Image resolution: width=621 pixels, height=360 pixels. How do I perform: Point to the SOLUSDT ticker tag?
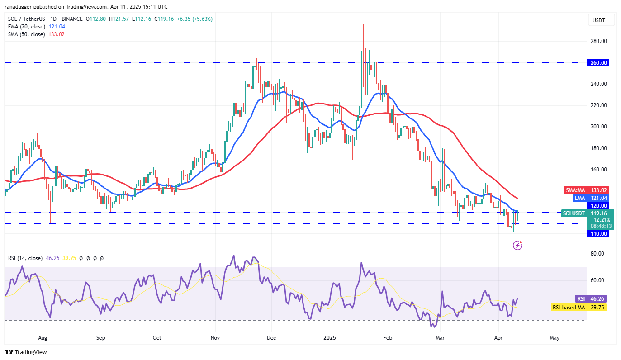coord(574,213)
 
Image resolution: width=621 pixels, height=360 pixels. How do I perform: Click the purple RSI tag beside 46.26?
coord(581,298)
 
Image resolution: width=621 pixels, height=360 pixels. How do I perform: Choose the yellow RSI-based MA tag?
coord(569,308)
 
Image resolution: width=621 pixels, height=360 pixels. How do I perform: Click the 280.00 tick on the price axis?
coord(599,41)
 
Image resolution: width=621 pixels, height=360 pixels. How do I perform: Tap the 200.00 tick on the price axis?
coord(599,127)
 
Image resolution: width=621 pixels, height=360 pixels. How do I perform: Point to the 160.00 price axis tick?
coord(599,170)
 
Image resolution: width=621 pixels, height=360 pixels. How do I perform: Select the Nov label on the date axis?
coord(215,337)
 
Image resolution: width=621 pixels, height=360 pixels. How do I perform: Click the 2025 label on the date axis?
coord(329,337)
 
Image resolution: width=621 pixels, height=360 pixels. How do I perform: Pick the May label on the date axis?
coord(555,337)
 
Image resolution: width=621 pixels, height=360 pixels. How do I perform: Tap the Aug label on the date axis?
coord(43,337)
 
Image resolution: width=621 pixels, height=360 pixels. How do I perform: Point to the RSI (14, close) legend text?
coord(25,258)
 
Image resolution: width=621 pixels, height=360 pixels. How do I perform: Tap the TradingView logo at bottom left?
coord(26,352)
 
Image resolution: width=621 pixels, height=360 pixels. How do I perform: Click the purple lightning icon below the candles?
coord(518,245)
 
